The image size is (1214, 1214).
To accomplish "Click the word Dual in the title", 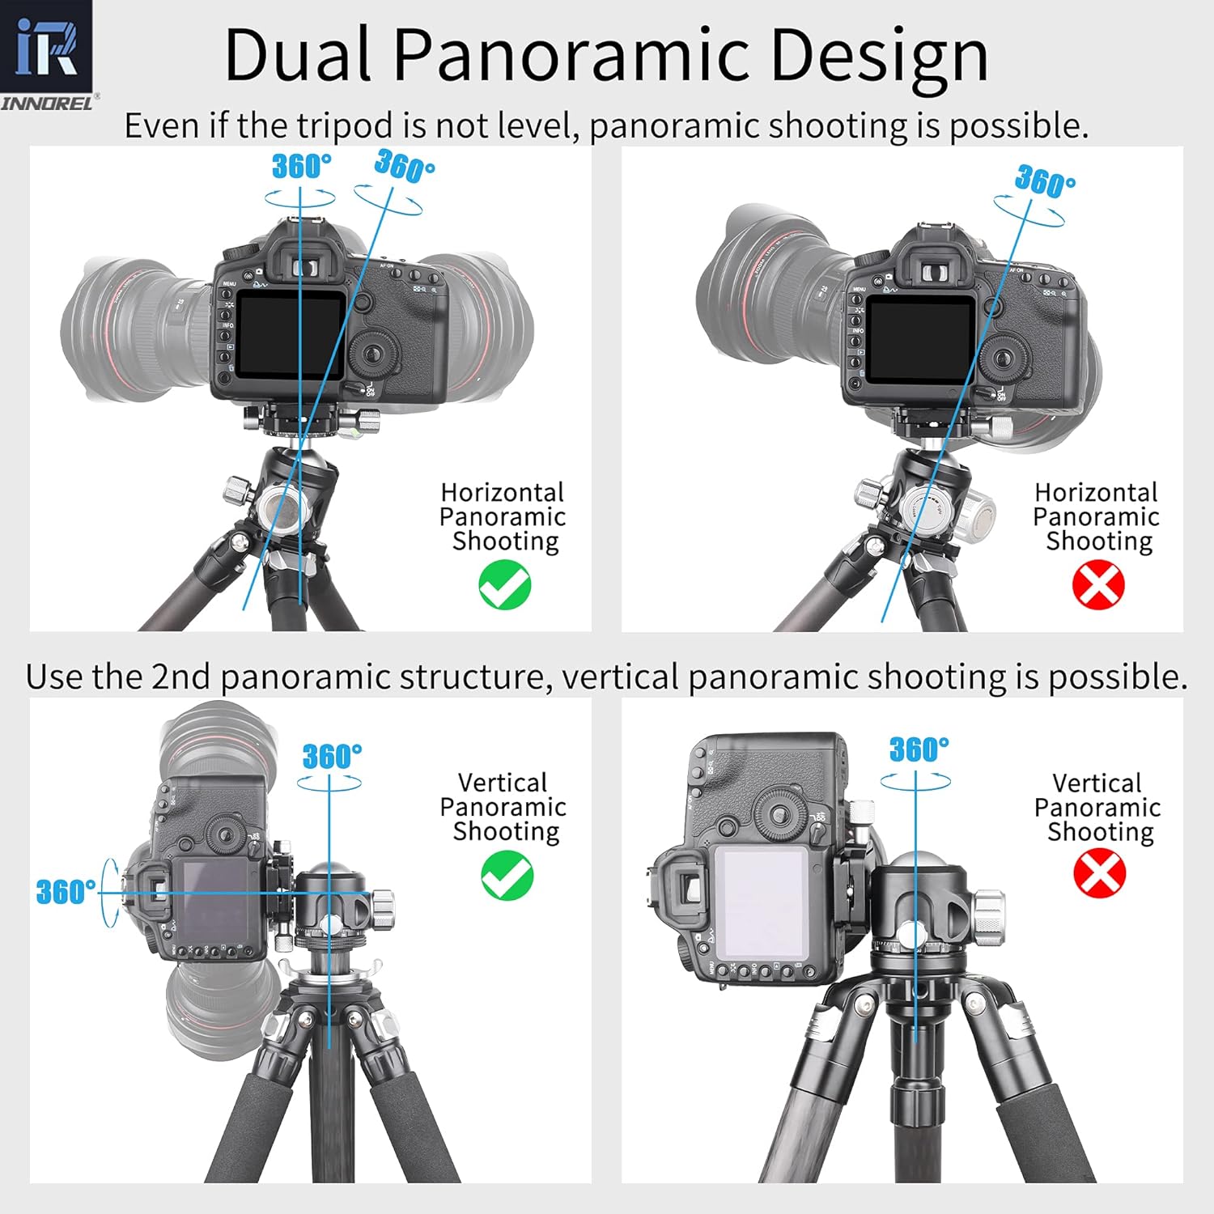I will click(297, 55).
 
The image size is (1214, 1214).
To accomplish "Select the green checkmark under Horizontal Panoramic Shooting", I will click(504, 586).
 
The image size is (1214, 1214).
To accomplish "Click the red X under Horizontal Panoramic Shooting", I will click(1098, 585).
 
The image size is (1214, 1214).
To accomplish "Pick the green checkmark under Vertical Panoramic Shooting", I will click(507, 877).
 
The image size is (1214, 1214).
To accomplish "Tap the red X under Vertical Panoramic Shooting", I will click(1099, 875).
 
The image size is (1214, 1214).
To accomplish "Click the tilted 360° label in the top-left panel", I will click(404, 166).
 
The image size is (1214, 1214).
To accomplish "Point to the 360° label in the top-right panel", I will click(1045, 180).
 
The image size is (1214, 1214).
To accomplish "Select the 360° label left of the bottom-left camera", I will click(66, 892).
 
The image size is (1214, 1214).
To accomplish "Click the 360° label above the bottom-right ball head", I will click(919, 749).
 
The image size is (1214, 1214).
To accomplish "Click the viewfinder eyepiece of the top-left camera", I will click(303, 267).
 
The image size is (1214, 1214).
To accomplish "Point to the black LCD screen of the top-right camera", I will click(921, 339).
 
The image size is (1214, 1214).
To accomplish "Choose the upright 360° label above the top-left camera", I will click(301, 166).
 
